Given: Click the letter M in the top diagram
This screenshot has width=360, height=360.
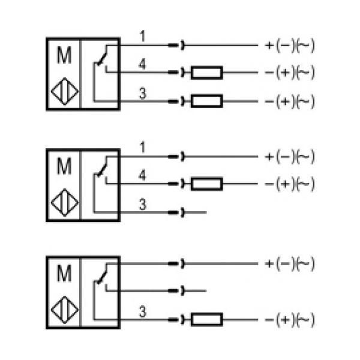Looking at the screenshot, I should click(x=64, y=56).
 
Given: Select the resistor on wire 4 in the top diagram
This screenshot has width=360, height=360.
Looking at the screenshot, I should click(x=207, y=73).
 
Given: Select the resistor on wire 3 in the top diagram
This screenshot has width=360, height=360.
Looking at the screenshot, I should click(x=207, y=100).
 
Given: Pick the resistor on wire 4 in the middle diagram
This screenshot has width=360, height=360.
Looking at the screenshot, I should click(x=207, y=184).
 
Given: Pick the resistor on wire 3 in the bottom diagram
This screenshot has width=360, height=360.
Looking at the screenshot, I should click(x=207, y=319).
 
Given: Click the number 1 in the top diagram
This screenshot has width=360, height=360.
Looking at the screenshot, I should click(x=142, y=37).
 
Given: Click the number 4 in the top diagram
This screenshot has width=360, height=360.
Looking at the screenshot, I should click(x=142, y=64).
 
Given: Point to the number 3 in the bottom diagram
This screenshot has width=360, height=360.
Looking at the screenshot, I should click(x=142, y=311).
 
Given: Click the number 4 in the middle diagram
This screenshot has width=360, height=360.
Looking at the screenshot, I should click(x=142, y=175).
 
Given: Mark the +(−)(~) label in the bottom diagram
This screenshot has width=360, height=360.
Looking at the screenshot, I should click(x=290, y=264).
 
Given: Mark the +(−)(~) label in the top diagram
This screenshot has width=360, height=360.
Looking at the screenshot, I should click(x=290, y=45).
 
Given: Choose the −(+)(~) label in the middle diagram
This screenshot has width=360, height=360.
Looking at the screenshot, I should click(x=290, y=184).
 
